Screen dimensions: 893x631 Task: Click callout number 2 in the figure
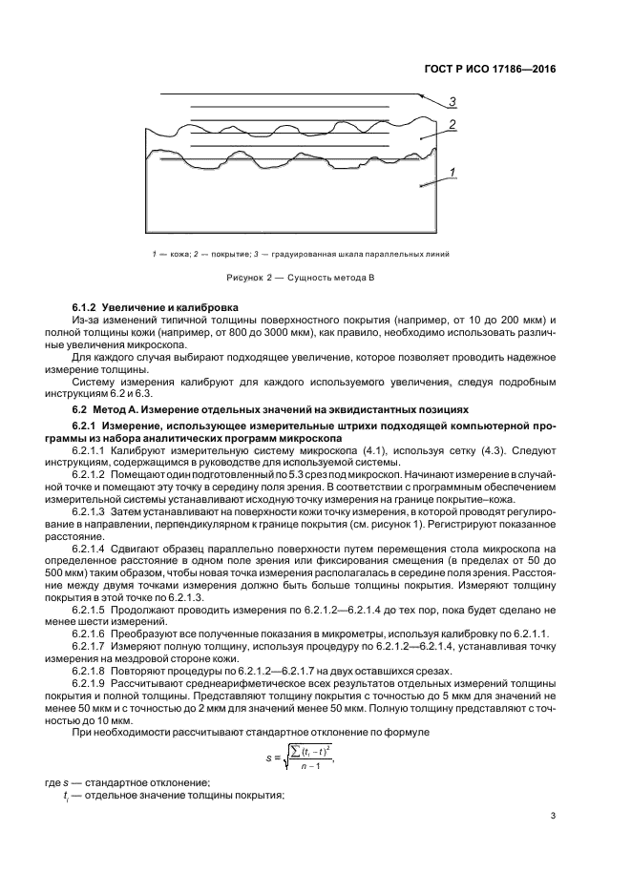point(452,124)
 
